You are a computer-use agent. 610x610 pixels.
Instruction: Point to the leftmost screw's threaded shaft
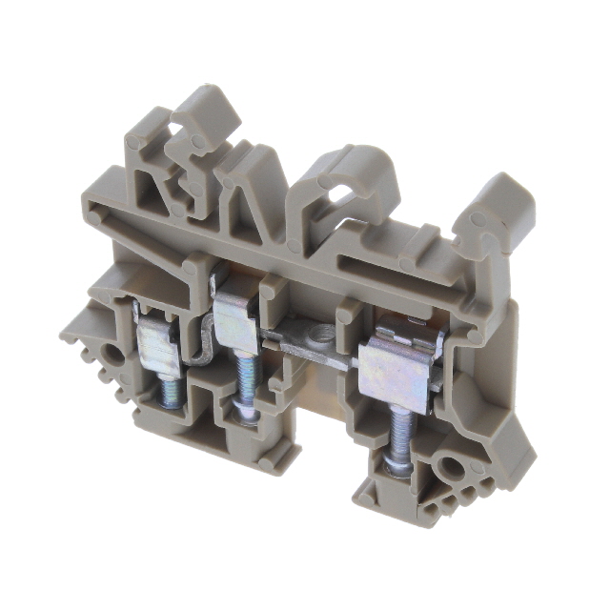169,390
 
